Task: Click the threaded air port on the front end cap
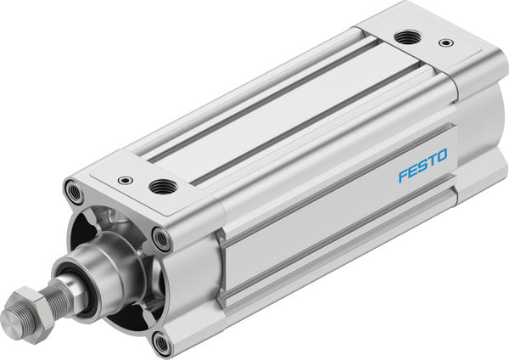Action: click(x=159, y=186)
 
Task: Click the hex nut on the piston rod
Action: click(x=31, y=310)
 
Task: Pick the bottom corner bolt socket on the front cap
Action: click(x=159, y=342)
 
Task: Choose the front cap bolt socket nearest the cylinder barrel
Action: click(x=161, y=239)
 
